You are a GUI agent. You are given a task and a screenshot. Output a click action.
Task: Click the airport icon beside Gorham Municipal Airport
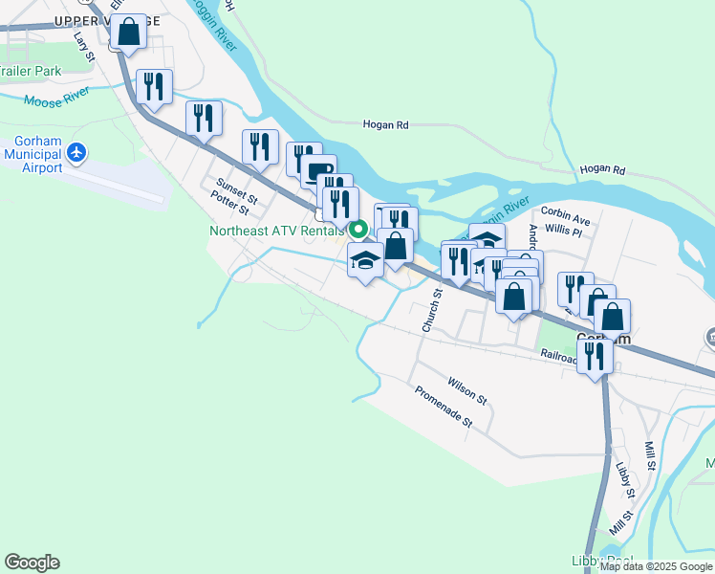[78, 152]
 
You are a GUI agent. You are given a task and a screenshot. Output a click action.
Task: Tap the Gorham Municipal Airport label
[32, 154]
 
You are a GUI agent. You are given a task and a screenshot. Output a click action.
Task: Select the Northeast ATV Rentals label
[277, 231]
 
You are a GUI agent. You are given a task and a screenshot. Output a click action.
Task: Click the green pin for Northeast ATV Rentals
[358, 230]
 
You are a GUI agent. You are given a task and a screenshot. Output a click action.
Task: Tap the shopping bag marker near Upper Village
[128, 33]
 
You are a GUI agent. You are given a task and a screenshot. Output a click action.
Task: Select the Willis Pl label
[563, 231]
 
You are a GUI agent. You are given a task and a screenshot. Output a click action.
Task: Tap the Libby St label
[625, 479]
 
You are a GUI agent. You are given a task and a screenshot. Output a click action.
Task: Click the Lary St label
[84, 46]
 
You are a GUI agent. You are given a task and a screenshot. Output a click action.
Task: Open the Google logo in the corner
[32, 563]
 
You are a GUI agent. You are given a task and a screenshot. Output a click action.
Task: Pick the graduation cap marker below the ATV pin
[365, 260]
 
